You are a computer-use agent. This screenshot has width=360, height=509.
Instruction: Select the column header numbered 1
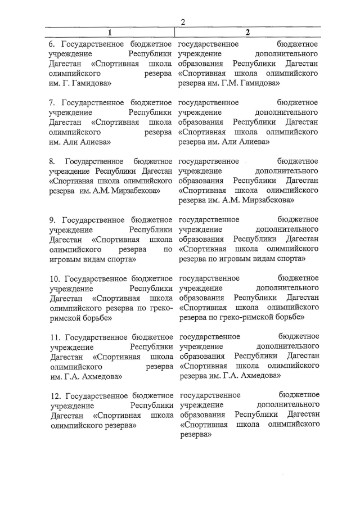click(110, 32)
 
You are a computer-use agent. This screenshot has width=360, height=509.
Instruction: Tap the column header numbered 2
click(247, 32)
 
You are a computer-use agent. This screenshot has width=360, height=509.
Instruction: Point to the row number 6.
click(52, 43)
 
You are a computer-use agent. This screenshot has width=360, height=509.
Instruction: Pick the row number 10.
click(55, 278)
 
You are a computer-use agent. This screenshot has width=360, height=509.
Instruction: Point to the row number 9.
click(52, 219)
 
